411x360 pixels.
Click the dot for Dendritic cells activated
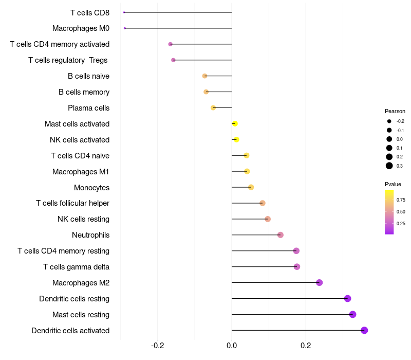(x=364, y=330)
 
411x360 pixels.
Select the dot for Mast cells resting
(x=352, y=314)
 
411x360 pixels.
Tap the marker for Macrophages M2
(x=319, y=282)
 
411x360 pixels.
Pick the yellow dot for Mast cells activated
(x=235, y=123)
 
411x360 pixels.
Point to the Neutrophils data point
(x=280, y=235)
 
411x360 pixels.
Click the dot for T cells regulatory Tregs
(x=173, y=60)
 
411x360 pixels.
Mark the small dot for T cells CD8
(x=124, y=12)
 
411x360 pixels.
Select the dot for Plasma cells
(x=213, y=107)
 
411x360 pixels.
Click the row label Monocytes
(x=91, y=187)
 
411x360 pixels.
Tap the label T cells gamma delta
(x=76, y=267)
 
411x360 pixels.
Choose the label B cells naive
(x=88, y=76)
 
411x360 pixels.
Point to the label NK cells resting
(x=83, y=219)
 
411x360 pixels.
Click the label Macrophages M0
(x=81, y=28)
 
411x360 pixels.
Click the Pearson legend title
(x=395, y=111)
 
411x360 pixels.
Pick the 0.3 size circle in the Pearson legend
(x=389, y=166)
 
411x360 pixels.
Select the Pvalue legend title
(x=393, y=184)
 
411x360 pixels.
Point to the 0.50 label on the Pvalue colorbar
(x=401, y=211)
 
